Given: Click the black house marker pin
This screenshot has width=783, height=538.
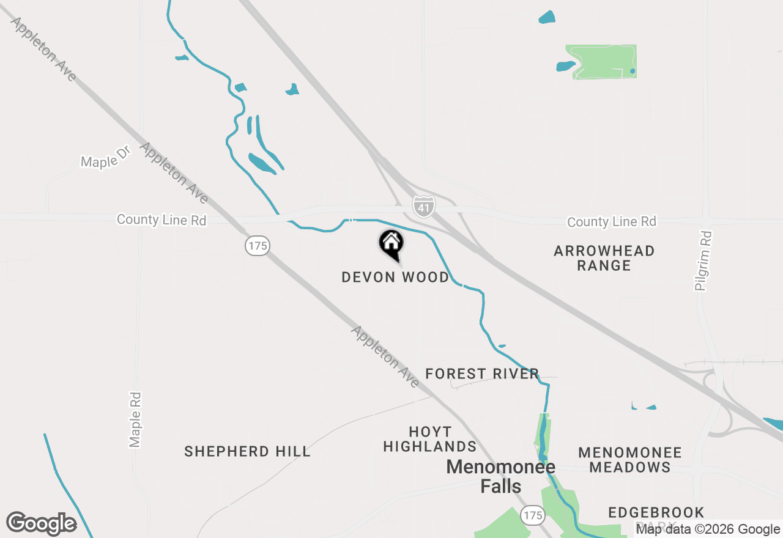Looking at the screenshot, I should coord(391,243).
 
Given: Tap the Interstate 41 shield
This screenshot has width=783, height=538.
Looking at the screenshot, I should coord(423,206).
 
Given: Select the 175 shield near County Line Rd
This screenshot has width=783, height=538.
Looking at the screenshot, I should coord(258,246).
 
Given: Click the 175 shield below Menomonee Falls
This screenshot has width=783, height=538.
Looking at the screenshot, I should coord(533,515).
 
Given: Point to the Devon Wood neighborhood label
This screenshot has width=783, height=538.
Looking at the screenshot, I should coord(395,278).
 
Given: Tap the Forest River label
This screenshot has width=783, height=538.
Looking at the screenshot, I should coord(482,374).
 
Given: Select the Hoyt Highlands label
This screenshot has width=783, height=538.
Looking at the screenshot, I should coord(429,439).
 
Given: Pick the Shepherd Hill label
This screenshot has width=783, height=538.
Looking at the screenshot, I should coord(247,452).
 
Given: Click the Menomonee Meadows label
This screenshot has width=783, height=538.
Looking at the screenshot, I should coord(630,460).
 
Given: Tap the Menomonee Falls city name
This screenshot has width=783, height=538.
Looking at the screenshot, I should coord(500,476).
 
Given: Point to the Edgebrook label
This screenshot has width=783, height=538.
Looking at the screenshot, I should coord(656,512).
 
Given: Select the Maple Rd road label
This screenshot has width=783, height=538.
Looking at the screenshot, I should coord(135,419).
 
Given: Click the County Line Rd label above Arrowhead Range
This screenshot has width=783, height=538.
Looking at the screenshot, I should coord(611,222).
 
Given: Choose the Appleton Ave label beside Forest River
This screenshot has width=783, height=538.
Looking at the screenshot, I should coord(385,356).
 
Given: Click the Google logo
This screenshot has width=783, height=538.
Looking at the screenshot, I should coord(42,523).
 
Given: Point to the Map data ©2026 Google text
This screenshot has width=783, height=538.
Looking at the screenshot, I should coord(708,529).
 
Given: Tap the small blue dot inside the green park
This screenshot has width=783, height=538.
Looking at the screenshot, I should coord(633,72).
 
